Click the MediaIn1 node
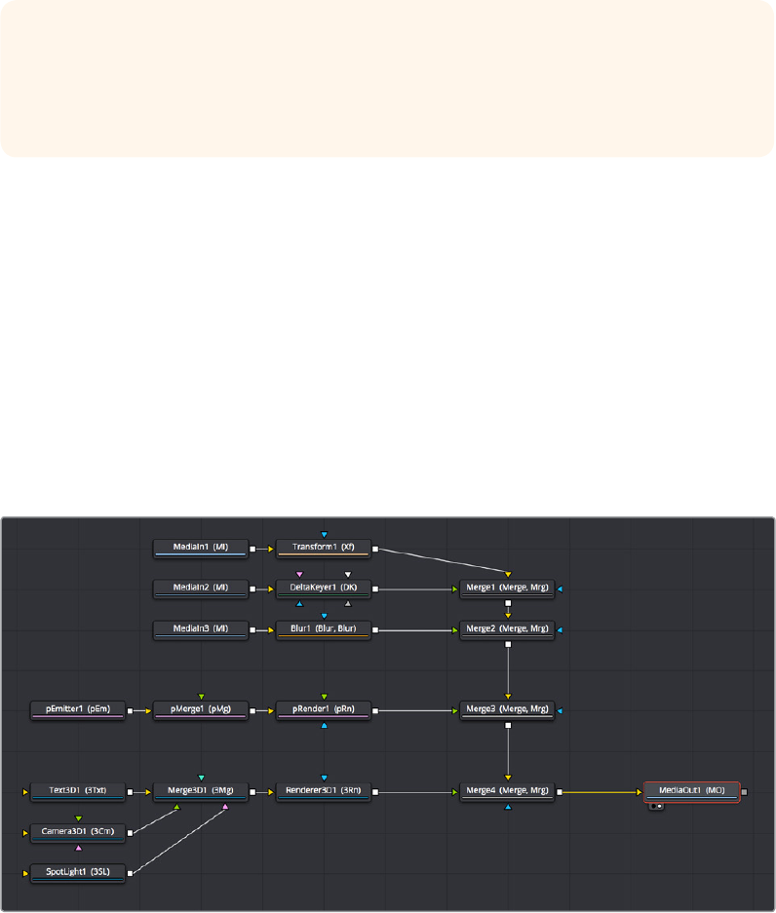[x=201, y=549]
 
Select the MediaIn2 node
[x=201, y=589]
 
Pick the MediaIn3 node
[x=201, y=629]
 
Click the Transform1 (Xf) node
[x=323, y=549]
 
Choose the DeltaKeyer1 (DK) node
[x=323, y=589]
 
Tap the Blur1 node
[x=323, y=629]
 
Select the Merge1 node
[x=507, y=589]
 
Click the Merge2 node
[x=507, y=629]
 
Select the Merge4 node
[x=507, y=792]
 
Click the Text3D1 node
[x=78, y=792]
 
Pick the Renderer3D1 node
[x=323, y=792]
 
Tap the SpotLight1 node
[x=78, y=873]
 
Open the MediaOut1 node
[x=692, y=792]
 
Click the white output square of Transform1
[x=375, y=549]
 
